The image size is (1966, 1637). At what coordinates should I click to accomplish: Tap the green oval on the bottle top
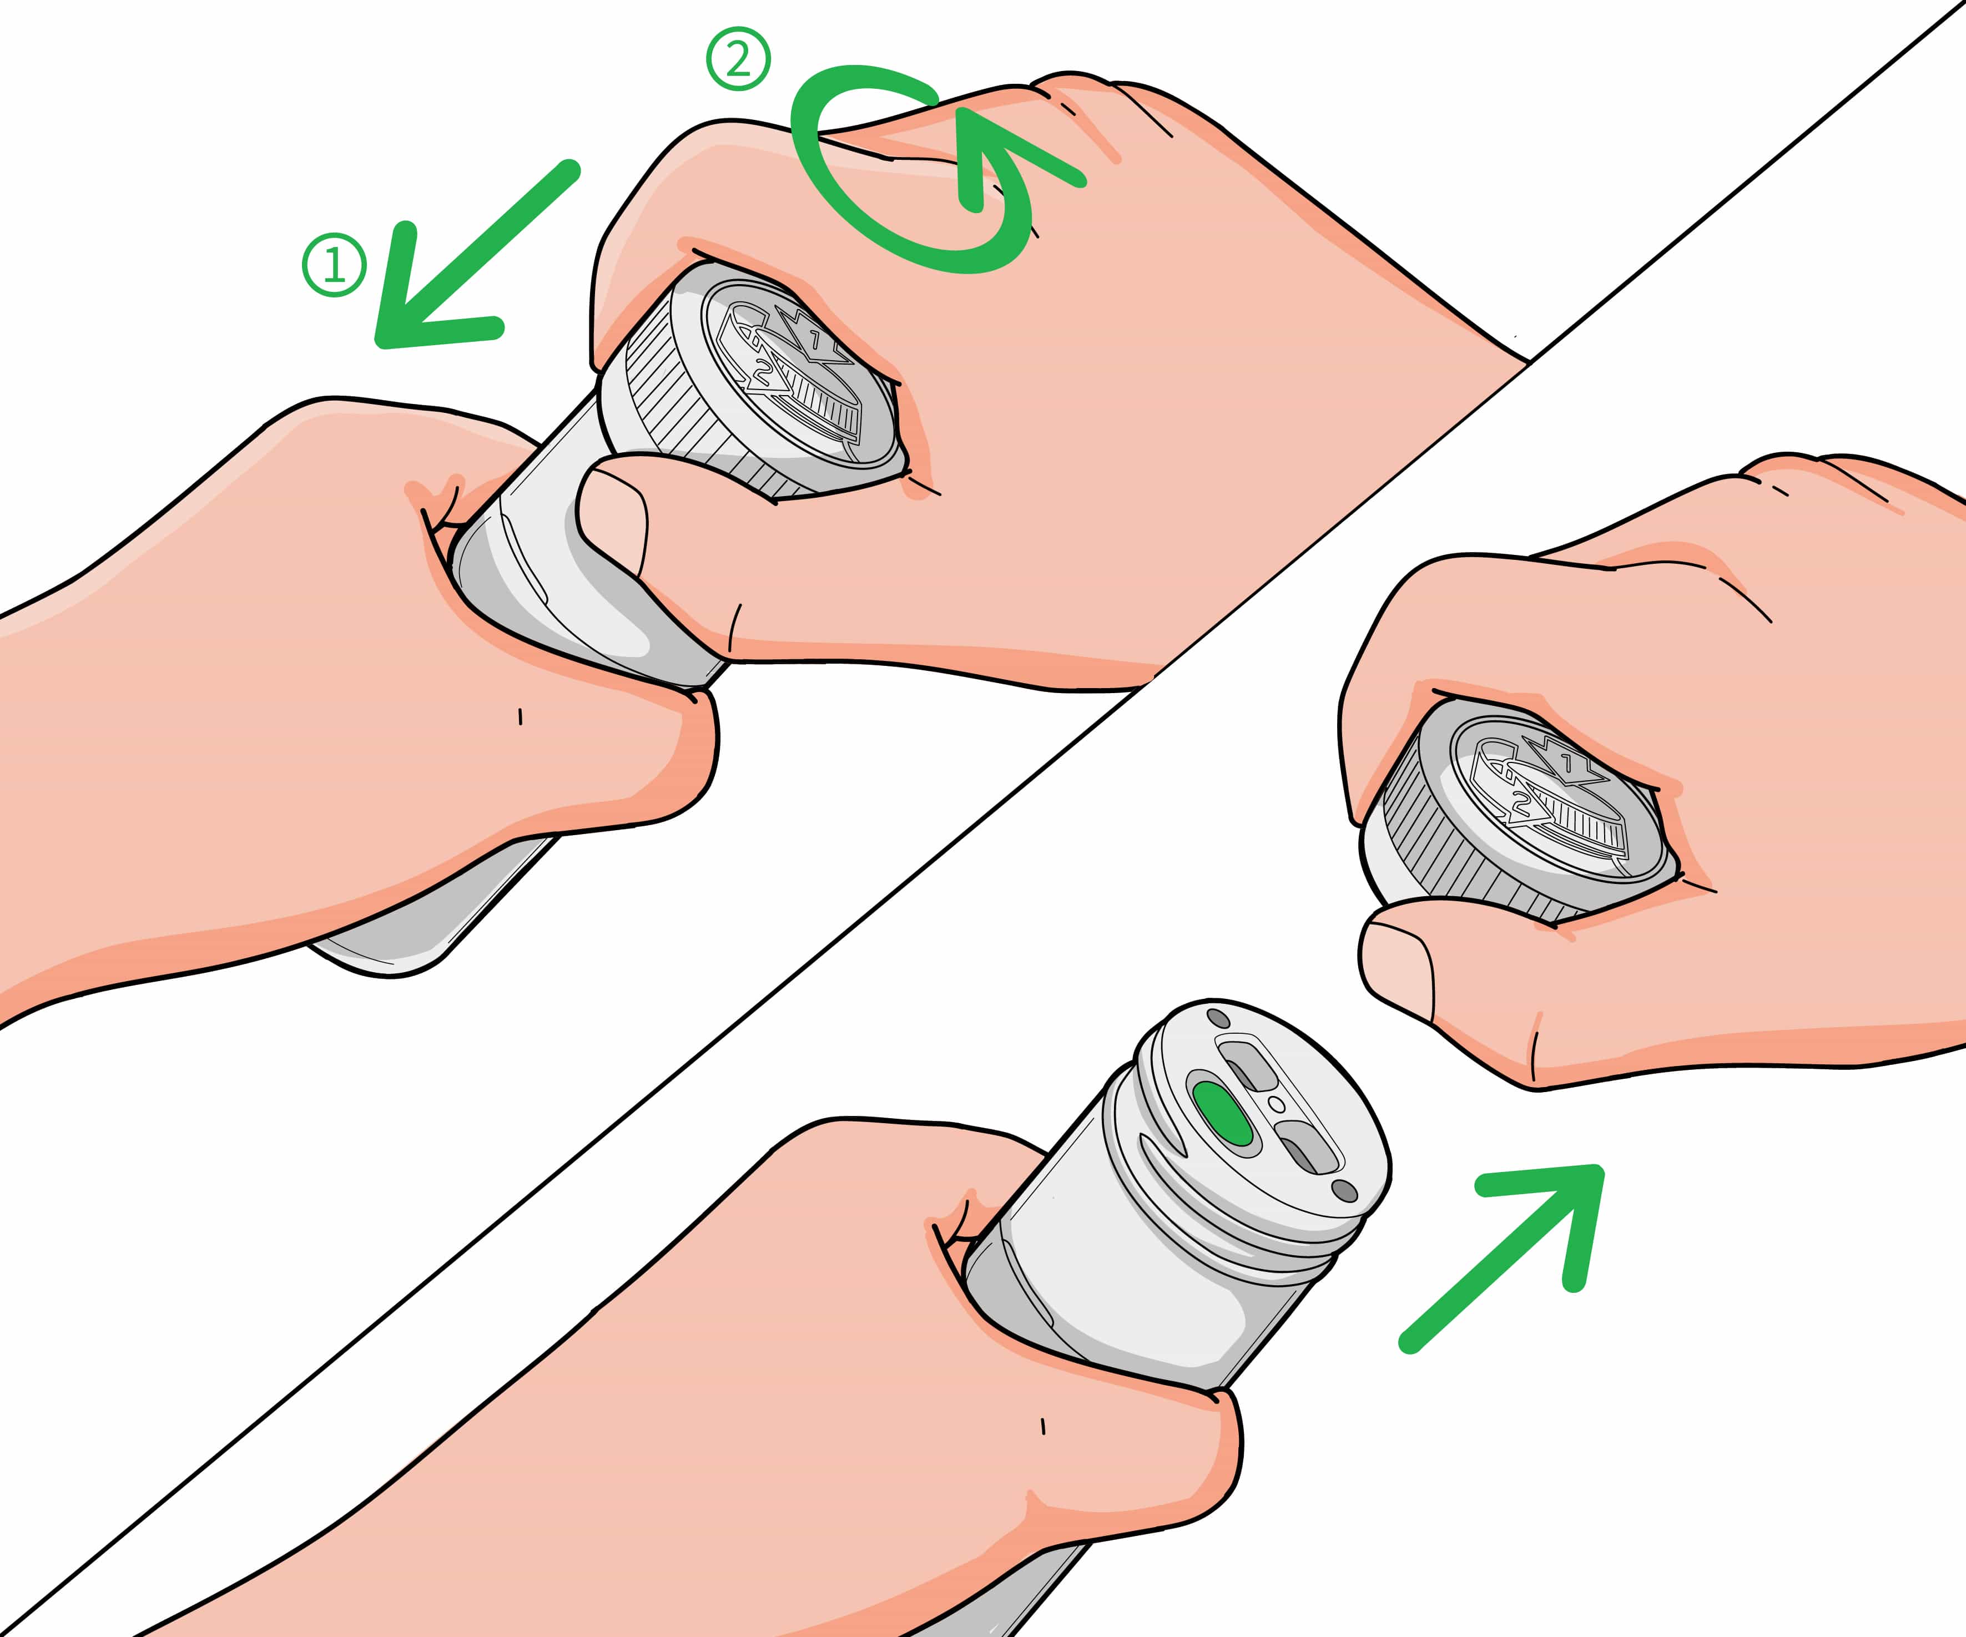[1223, 1114]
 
